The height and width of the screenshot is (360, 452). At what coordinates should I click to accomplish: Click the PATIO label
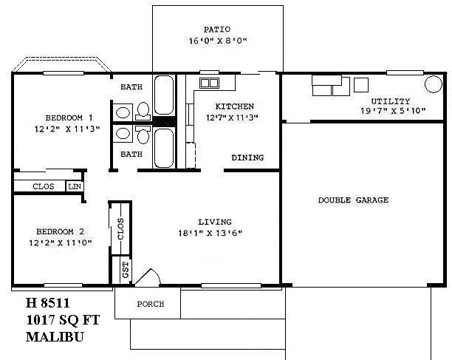click(218, 31)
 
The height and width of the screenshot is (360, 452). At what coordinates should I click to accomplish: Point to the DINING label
click(247, 157)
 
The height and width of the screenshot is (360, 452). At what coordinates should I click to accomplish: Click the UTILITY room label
click(391, 101)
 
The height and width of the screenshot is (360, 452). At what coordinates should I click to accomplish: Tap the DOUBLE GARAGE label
click(353, 200)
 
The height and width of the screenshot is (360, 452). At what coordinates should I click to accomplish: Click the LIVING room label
click(215, 222)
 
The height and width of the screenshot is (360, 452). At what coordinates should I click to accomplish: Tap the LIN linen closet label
click(75, 186)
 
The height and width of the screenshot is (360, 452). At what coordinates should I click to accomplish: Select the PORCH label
click(150, 304)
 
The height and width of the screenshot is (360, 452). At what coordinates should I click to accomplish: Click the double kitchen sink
click(209, 83)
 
